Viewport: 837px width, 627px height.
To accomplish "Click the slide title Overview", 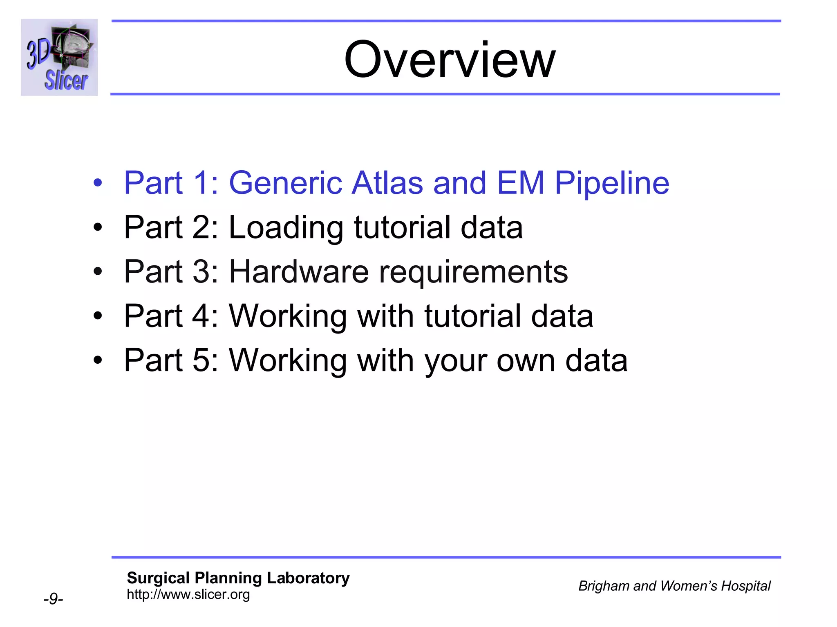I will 450,59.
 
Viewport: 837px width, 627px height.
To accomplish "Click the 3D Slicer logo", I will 59,58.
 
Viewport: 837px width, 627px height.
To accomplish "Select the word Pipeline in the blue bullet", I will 612,183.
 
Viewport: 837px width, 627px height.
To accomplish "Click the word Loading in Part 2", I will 286,228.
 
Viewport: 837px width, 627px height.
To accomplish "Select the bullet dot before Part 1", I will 97,183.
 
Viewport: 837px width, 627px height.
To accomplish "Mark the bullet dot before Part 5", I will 97,360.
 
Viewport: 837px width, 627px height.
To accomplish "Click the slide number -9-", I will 53,599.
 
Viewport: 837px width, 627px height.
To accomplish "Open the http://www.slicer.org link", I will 188,594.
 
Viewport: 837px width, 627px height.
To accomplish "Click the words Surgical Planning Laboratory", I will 238,578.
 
